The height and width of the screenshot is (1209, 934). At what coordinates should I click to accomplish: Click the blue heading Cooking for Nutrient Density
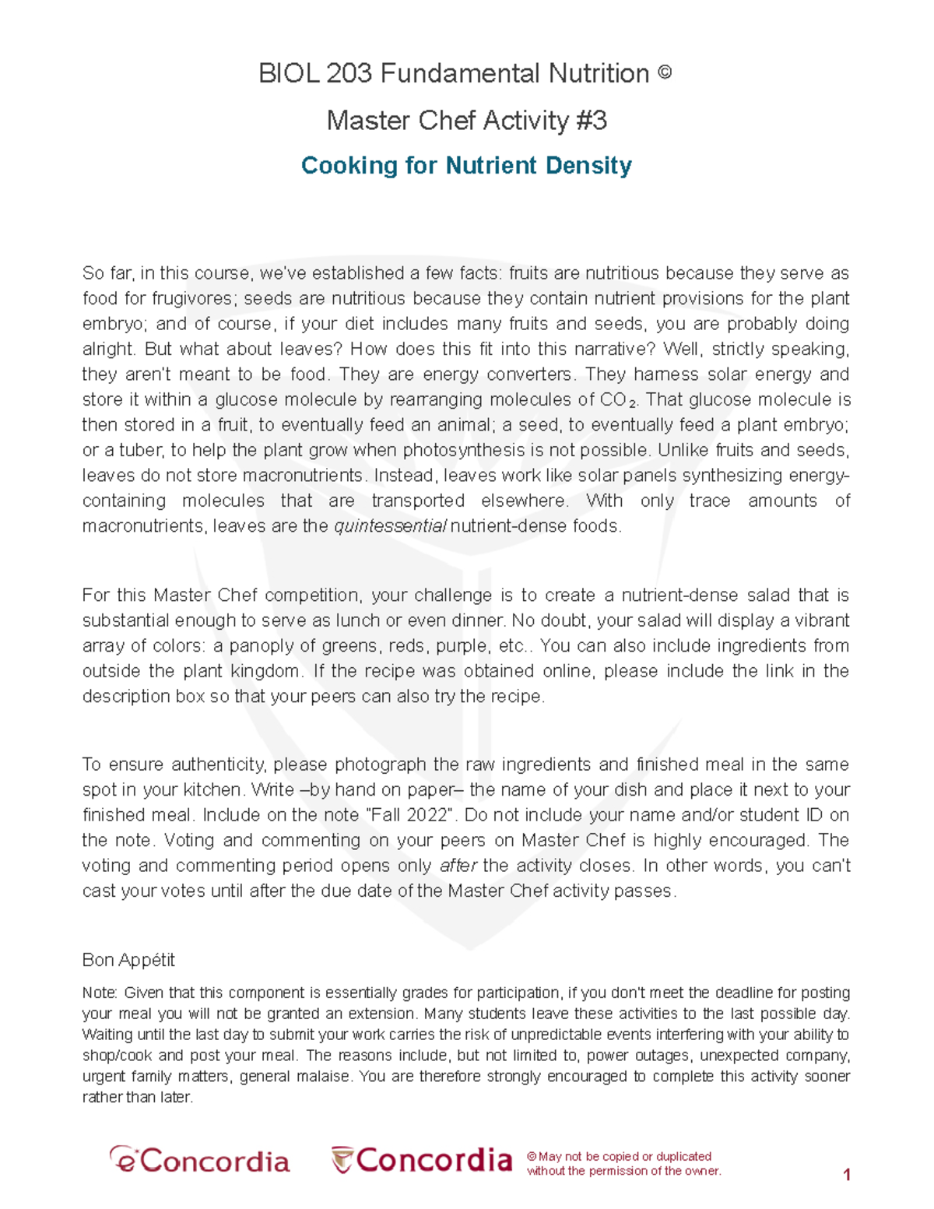coord(466,166)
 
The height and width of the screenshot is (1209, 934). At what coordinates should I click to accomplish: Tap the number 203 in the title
coord(349,74)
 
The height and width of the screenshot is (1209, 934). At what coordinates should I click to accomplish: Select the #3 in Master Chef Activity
coord(592,121)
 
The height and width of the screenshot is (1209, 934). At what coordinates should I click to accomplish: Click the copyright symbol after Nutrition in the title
coord(664,73)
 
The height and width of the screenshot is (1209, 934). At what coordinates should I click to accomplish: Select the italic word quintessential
coord(390,526)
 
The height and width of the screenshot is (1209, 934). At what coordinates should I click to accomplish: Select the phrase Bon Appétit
coord(128,961)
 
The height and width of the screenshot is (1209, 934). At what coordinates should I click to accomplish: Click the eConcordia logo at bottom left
coord(199,1162)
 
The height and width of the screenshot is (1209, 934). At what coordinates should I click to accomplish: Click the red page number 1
coord(847,1176)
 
